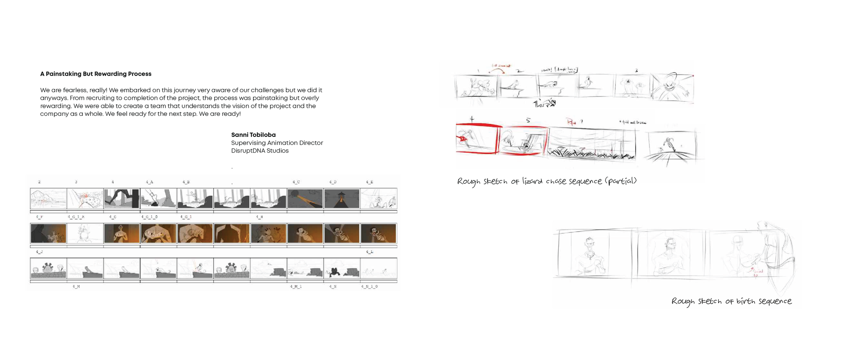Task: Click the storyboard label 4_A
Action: [x=149, y=182]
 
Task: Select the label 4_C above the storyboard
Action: [x=296, y=182]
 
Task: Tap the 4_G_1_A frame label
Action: [x=76, y=217]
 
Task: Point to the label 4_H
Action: [x=259, y=217]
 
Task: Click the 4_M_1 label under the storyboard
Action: [x=296, y=286]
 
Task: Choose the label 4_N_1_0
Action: [x=369, y=286]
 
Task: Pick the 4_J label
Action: [x=39, y=252]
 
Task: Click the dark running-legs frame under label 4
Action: [x=121, y=198]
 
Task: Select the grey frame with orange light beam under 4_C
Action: [x=305, y=198]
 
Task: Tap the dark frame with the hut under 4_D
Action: [x=341, y=198]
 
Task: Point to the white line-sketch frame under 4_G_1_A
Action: [x=85, y=233]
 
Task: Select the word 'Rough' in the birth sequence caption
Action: [x=683, y=301]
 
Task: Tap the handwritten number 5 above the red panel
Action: [x=528, y=121]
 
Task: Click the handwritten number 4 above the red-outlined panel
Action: [x=472, y=120]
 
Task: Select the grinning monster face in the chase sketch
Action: [x=670, y=86]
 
